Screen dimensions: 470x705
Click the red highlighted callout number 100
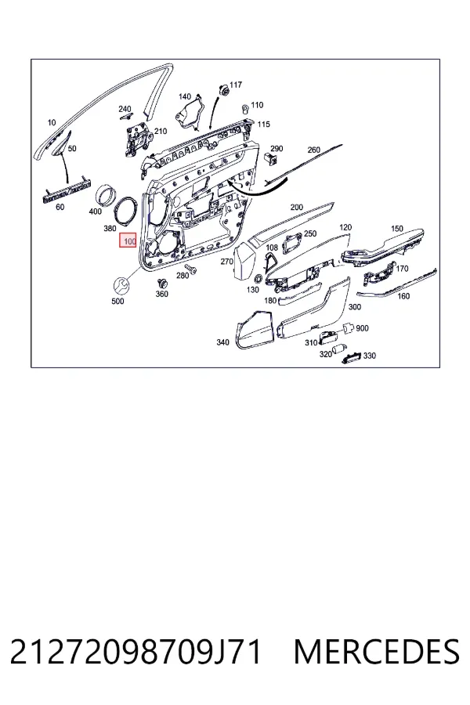128,241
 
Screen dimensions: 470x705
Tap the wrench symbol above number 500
121,285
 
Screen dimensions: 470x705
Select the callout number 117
236,85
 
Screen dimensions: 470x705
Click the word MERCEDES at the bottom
377,652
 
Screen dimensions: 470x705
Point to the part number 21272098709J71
135,652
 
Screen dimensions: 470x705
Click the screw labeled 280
192,269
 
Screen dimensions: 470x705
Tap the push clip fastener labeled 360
161,284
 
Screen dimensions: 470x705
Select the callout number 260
314,150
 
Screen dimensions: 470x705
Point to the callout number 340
222,342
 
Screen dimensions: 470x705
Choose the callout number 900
362,328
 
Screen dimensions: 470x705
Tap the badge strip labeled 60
64,190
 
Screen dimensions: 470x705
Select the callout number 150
397,229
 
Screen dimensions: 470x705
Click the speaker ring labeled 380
126,211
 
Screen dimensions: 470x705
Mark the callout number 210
161,132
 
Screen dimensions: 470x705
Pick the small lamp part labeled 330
351,357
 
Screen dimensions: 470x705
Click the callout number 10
52,122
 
